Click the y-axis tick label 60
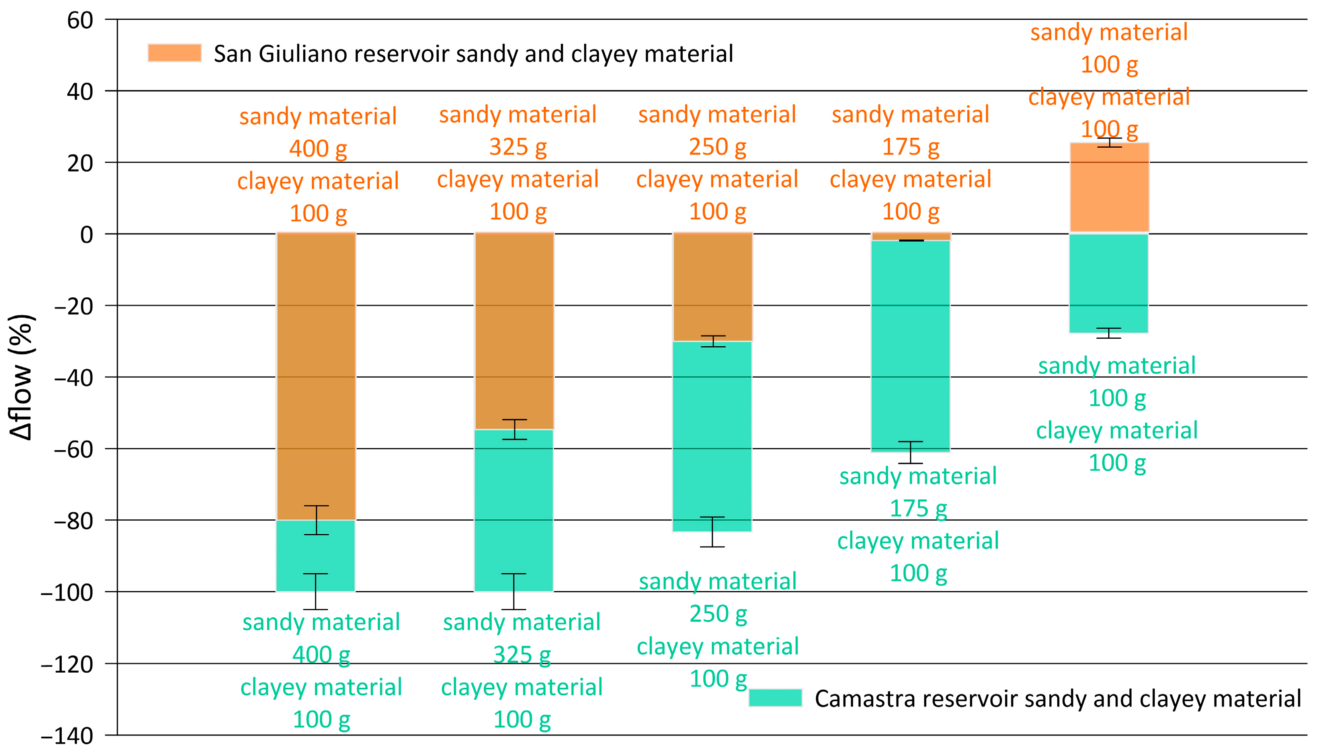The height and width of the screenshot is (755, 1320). (80, 21)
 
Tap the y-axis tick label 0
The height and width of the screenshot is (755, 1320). (87, 235)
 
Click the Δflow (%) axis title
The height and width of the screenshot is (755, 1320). (22, 377)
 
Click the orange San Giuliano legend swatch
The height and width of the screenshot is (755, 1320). (174, 53)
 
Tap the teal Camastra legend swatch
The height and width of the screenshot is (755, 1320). (775, 698)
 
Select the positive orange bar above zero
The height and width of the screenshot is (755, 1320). (1109, 188)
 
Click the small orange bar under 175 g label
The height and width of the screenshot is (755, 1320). (911, 236)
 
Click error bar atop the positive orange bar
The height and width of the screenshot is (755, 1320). (1109, 142)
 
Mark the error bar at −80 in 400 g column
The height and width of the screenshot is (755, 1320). (316, 520)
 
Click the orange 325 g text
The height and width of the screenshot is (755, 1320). (517, 147)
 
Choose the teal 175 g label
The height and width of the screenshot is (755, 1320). (918, 509)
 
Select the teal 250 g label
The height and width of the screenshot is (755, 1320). (718, 615)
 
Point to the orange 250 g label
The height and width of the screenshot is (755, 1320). (717, 147)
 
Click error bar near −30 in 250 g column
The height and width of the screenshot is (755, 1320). (713, 341)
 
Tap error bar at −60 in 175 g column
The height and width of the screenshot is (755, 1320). (910, 452)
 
